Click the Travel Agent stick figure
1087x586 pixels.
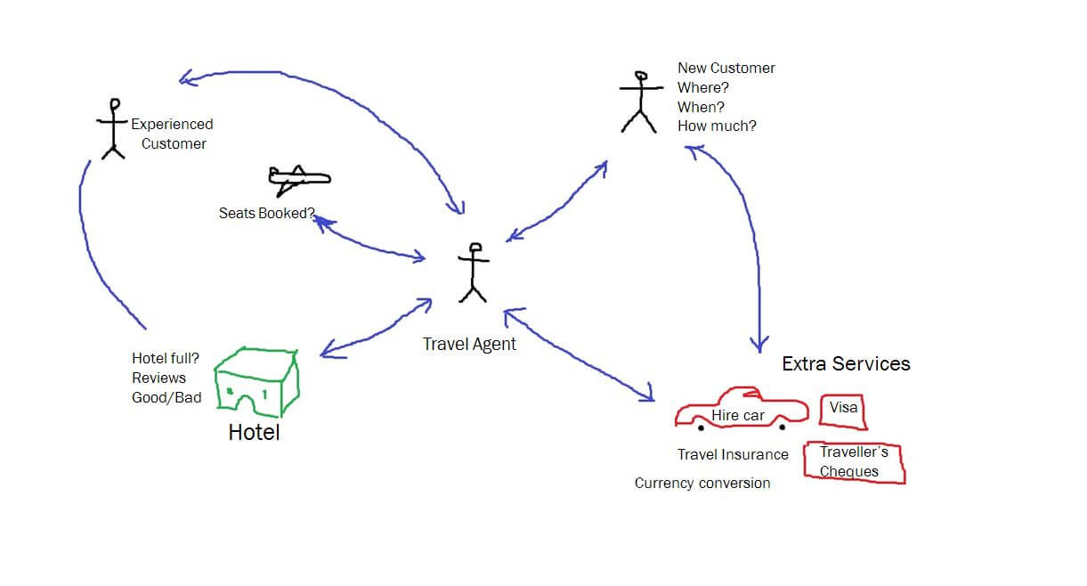coord(473,272)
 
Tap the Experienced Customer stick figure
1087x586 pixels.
coord(113,128)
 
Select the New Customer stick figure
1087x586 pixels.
coord(639,102)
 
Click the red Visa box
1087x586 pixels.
coord(843,410)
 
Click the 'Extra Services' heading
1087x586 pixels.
coord(846,363)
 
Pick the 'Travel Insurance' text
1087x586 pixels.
coord(733,454)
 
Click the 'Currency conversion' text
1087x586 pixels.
coord(702,483)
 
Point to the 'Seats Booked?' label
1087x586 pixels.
coord(266,214)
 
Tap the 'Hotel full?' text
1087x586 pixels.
coord(166,358)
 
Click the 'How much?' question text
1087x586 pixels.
coord(717,126)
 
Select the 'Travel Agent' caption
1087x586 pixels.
coord(469,345)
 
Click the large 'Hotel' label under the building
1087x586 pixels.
coord(254,433)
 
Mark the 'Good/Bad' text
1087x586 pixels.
coord(166,397)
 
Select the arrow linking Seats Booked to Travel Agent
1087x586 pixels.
coord(369,240)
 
